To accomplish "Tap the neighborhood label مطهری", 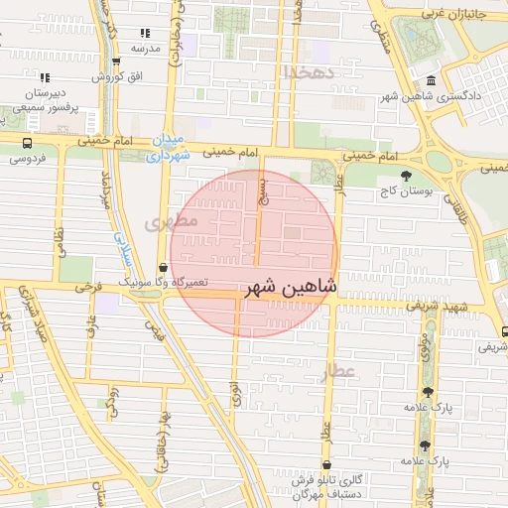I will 173,222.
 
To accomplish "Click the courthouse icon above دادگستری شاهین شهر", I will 431,81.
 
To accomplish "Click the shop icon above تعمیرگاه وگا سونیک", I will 163,267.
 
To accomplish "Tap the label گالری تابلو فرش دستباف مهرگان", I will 327,486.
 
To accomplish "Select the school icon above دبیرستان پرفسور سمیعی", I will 44,75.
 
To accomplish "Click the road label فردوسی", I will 28,157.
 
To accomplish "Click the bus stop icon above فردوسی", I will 28,142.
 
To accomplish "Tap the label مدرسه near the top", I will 146,47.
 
